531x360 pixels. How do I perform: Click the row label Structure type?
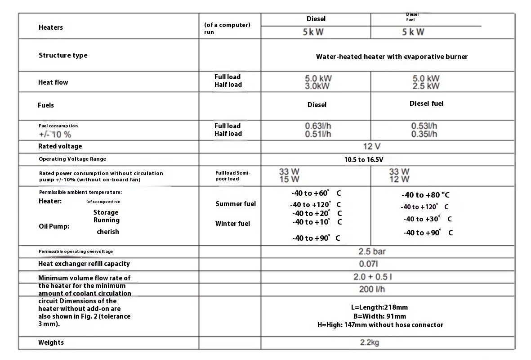[63, 55]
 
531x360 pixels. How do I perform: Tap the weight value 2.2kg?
[370, 342]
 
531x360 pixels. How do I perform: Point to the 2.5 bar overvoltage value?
[372, 251]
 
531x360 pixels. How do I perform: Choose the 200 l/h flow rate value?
[372, 289]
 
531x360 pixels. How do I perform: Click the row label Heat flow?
[53, 82]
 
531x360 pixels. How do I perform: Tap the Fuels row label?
[46, 105]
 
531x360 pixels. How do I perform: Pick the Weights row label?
[51, 342]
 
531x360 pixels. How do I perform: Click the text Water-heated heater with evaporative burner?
[392, 57]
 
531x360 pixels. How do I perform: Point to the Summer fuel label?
[236, 204]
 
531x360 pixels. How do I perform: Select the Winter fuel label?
[232, 224]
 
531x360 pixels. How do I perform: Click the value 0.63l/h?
[318, 126]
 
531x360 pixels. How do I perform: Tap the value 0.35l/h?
[424, 134]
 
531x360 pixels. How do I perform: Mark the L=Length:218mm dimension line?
[379, 307]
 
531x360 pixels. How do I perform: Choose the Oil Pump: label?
[54, 226]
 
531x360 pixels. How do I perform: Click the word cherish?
[108, 232]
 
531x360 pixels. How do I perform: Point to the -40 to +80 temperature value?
[425, 195]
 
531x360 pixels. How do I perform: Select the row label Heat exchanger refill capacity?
[84, 264]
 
